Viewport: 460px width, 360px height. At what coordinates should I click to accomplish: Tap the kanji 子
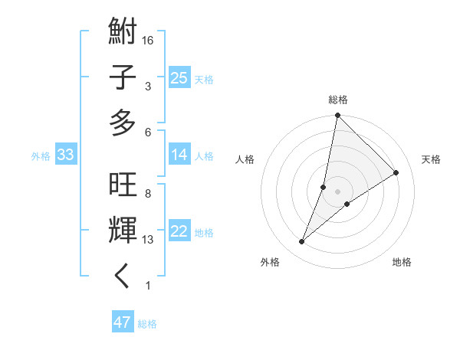(x=123, y=78)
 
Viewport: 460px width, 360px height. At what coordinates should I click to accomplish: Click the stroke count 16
(x=149, y=40)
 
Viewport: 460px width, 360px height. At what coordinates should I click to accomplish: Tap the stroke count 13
(x=149, y=240)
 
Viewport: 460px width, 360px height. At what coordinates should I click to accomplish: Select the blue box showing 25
(x=179, y=77)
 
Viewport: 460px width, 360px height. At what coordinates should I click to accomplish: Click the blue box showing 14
(x=179, y=155)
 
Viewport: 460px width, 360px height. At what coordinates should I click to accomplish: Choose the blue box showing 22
(x=179, y=231)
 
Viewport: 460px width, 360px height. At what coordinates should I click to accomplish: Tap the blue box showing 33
(x=65, y=155)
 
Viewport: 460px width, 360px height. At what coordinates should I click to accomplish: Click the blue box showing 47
(x=123, y=322)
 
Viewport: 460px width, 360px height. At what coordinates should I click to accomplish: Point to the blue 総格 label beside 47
(x=147, y=324)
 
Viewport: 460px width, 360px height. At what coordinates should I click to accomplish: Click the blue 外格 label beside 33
(x=41, y=156)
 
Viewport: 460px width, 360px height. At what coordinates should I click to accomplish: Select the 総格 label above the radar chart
(x=338, y=100)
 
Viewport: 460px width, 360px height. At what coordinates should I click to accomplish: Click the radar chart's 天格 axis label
(x=431, y=159)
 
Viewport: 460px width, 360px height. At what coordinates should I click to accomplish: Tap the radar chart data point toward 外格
(x=302, y=242)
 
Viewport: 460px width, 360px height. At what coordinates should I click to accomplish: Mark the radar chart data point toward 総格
(x=337, y=116)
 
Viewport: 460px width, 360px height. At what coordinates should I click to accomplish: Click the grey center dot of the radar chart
(x=337, y=191)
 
